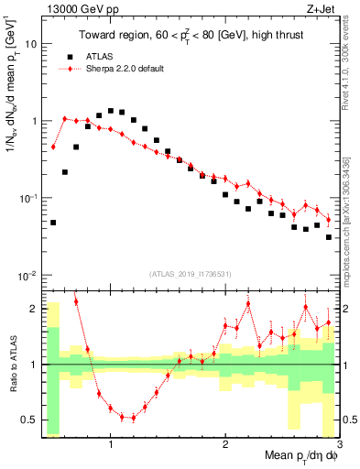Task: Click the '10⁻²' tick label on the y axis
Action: coord(28,275)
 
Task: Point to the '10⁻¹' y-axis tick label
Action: coord(28,198)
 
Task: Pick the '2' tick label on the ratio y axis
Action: coord(35,309)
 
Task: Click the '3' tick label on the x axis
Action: coord(338,444)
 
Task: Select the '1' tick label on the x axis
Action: coord(110,444)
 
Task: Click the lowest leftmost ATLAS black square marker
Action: coord(53,223)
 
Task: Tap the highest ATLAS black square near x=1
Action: coord(111,111)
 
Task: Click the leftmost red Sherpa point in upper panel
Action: coord(53,147)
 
